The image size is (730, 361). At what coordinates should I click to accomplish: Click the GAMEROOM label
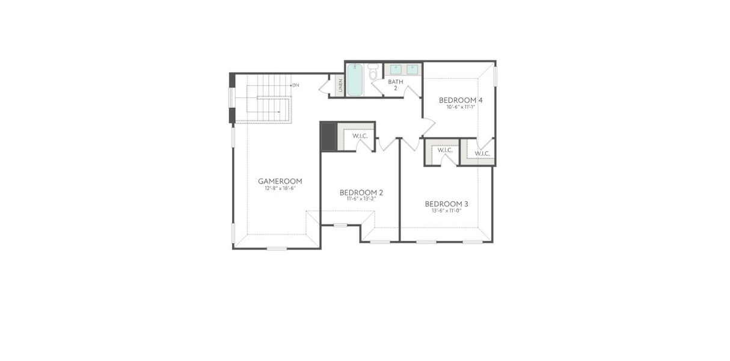pyautogui.click(x=280, y=181)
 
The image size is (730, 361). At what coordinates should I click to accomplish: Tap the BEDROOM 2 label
pyautogui.click(x=361, y=193)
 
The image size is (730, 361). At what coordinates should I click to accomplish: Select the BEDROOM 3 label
pyautogui.click(x=446, y=204)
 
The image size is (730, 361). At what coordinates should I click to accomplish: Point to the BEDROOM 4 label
pyautogui.click(x=461, y=100)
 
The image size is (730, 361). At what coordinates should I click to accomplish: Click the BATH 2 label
pyautogui.click(x=395, y=84)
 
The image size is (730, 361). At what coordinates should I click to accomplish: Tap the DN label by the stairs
pyautogui.click(x=295, y=85)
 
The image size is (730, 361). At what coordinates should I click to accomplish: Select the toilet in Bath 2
pyautogui.click(x=373, y=73)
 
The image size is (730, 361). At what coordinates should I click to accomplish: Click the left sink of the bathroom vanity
pyautogui.click(x=396, y=69)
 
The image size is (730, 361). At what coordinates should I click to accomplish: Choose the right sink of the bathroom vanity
pyautogui.click(x=413, y=69)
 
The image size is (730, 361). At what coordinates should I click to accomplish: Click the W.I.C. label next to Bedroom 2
pyautogui.click(x=360, y=136)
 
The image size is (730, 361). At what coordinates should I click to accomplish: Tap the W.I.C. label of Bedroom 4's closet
pyautogui.click(x=482, y=153)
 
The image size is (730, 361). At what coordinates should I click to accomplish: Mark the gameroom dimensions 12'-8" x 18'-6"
pyautogui.click(x=280, y=188)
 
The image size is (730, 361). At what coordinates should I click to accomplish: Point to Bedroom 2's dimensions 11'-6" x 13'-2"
pyautogui.click(x=361, y=199)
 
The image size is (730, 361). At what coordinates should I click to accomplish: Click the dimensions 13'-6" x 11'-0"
pyautogui.click(x=446, y=211)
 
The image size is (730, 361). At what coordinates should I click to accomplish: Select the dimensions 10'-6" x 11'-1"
pyautogui.click(x=461, y=107)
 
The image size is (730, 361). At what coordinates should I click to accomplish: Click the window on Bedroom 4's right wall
pyautogui.click(x=495, y=76)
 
